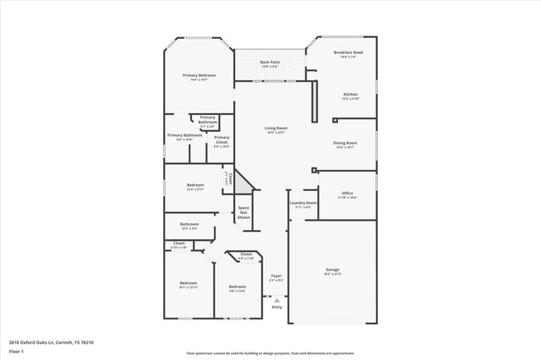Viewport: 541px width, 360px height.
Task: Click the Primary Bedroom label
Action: click(x=199, y=75)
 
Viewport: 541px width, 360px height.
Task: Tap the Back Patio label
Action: click(x=270, y=62)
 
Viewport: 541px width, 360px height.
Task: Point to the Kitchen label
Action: click(x=350, y=94)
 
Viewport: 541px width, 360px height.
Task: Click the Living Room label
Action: click(x=276, y=128)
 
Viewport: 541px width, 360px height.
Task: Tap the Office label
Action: click(x=347, y=193)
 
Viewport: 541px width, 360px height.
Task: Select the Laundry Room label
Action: click(x=303, y=203)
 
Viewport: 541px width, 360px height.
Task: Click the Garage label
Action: click(x=332, y=270)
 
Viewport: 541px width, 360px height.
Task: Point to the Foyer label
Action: click(x=276, y=275)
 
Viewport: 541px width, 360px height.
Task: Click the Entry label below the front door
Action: click(x=276, y=307)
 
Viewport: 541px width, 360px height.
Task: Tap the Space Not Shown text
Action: click(x=243, y=212)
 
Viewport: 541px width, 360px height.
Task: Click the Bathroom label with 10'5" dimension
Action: click(x=189, y=224)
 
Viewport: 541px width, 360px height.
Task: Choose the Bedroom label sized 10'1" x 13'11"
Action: click(x=188, y=282)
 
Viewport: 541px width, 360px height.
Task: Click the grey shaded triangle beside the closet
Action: click(x=243, y=182)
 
